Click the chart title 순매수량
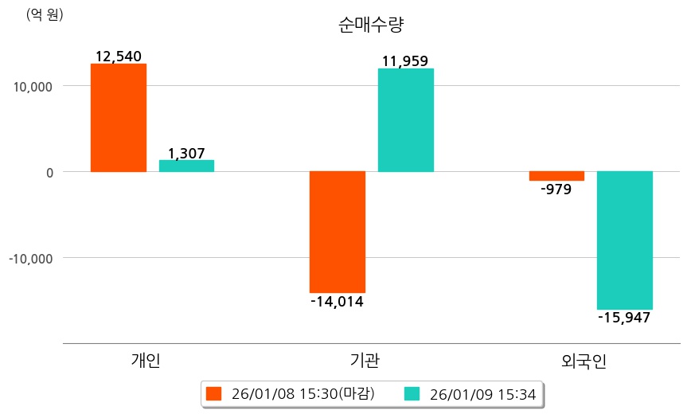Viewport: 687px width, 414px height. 371,24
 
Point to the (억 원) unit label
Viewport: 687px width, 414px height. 45,14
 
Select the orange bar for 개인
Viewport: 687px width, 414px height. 118,118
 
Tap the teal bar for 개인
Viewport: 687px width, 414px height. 186,166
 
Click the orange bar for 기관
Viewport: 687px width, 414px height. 337,232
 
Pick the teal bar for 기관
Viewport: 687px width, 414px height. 405,120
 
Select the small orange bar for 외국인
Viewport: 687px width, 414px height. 556,176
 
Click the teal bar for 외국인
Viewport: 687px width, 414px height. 625,240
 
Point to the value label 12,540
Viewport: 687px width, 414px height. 118,57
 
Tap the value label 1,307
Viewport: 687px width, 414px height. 186,153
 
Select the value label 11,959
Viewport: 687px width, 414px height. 405,61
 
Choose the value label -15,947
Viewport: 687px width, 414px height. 625,318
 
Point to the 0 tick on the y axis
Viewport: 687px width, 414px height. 49,172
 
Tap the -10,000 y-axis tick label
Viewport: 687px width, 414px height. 31,258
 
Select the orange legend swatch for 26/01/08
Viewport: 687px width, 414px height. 213,394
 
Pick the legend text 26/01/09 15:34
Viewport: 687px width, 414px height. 482,394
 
